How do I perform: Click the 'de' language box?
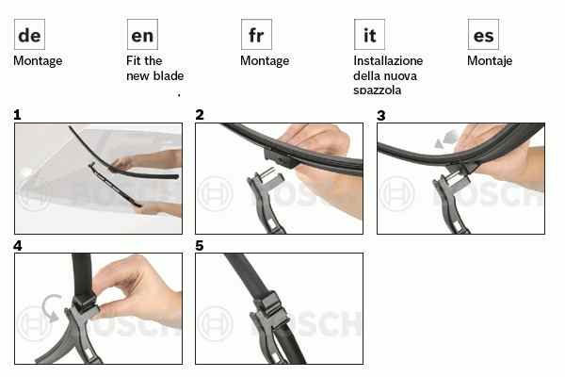click(29, 34)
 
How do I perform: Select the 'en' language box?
click(142, 34)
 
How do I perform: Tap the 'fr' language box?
click(256, 34)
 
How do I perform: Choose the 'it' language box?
click(369, 34)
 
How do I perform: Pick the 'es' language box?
click(483, 34)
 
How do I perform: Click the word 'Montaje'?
click(490, 61)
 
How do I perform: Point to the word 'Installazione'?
click(388, 60)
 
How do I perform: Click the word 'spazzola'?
click(378, 90)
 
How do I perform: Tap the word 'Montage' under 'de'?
click(38, 61)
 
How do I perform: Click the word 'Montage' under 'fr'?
click(265, 61)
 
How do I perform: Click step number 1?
click(17, 115)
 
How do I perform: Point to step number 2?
click(200, 115)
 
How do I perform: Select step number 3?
click(381, 115)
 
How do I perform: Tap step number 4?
click(18, 246)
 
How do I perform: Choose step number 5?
click(200, 246)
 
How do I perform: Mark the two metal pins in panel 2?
click(267, 173)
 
